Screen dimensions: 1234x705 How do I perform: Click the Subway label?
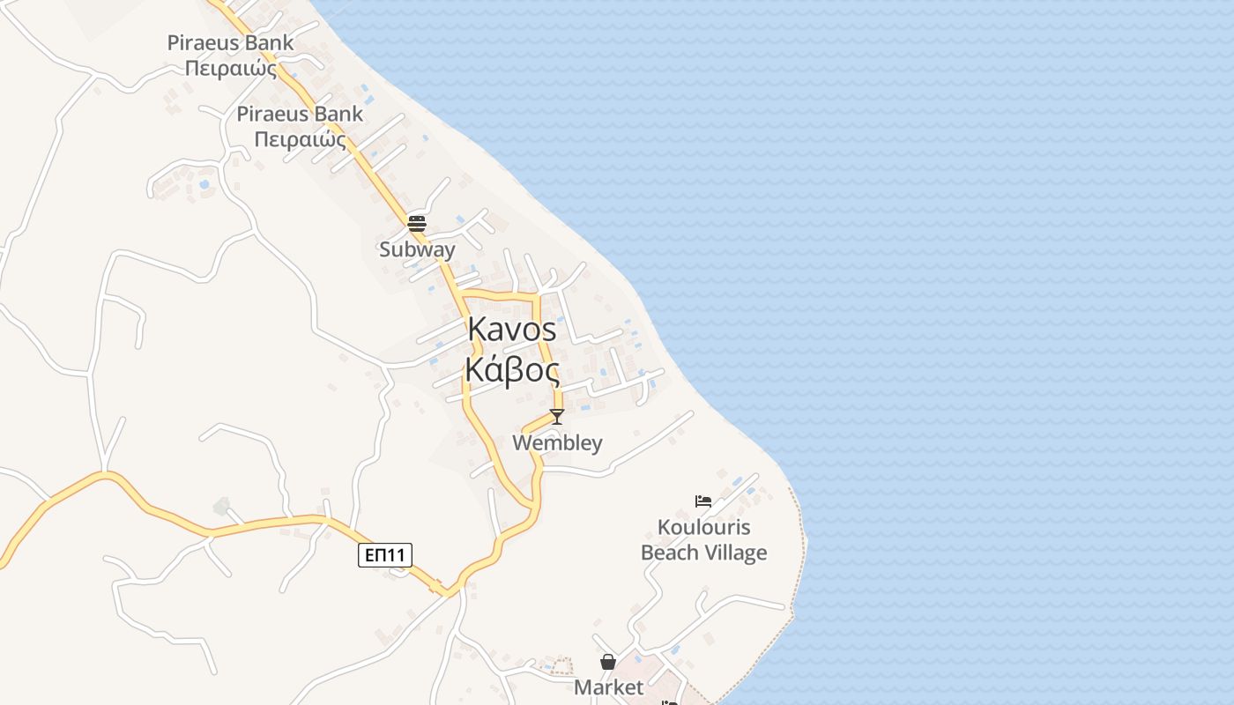click(417, 249)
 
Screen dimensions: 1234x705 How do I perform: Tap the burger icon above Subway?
click(417, 222)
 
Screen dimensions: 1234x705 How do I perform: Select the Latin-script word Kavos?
click(512, 330)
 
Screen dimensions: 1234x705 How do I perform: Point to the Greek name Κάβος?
click(512, 370)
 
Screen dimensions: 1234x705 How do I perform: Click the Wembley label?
click(557, 442)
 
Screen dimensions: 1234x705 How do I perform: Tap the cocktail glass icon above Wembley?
click(556, 416)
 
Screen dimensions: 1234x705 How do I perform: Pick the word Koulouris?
click(703, 528)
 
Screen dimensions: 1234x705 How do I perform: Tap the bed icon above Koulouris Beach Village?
click(703, 501)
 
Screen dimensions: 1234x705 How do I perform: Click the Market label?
click(608, 687)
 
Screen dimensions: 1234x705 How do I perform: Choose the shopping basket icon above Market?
click(608, 661)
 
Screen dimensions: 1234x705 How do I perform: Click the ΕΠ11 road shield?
click(385, 554)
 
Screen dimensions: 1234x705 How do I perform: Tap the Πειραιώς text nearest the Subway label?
click(300, 139)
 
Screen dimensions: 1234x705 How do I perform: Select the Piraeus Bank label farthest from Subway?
click(231, 42)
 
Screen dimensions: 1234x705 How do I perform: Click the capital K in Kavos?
click(477, 330)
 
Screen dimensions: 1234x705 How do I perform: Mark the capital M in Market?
click(582, 687)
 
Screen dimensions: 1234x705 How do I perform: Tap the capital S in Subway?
click(384, 249)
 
